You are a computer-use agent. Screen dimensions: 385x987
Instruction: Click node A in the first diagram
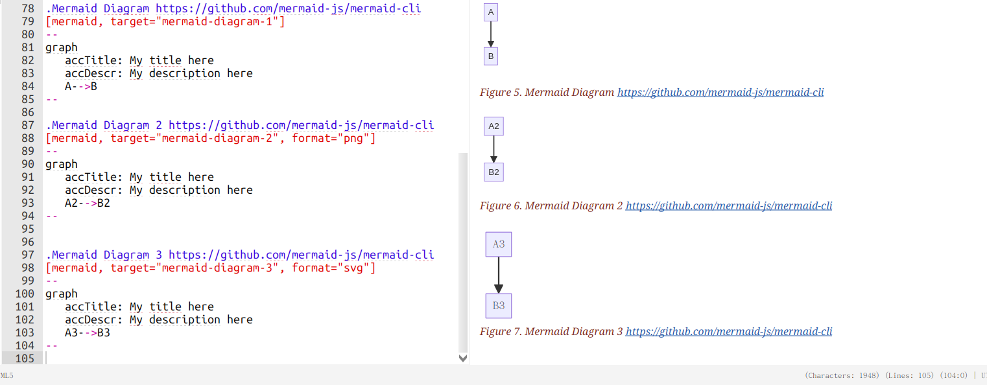[491, 12]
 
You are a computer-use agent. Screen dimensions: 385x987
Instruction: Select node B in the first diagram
[491, 56]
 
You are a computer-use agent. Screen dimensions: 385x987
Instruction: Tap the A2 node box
[493, 126]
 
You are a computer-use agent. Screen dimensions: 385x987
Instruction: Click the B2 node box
[493, 172]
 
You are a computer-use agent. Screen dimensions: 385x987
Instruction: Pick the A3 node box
[499, 244]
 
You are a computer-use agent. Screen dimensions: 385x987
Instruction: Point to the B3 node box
[499, 306]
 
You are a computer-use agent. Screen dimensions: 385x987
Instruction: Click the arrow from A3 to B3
[499, 275]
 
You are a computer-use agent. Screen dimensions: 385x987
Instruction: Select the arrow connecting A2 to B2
[493, 149]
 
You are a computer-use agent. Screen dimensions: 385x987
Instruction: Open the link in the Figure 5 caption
[720, 92]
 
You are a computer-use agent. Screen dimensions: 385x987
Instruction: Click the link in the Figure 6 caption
[728, 205]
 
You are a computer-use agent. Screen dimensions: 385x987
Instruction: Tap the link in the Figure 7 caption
[728, 331]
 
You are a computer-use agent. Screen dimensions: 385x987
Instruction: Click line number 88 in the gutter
[27, 138]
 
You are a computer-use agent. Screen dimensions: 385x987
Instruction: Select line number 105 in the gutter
[23, 358]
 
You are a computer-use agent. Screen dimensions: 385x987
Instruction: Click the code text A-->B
[81, 86]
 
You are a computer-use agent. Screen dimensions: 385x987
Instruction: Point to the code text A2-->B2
[88, 203]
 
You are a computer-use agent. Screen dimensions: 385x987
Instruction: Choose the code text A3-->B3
[88, 332]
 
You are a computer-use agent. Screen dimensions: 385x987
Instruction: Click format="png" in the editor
[333, 138]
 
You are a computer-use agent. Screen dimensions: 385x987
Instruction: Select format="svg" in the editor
[333, 268]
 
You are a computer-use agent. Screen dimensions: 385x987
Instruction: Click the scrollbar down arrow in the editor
[462, 358]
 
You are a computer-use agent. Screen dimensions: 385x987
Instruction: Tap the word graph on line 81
[62, 47]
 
